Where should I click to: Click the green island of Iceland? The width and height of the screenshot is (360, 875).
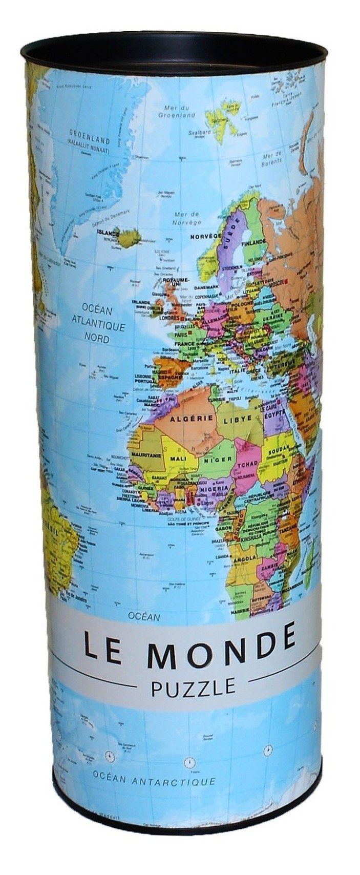(x=129, y=238)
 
